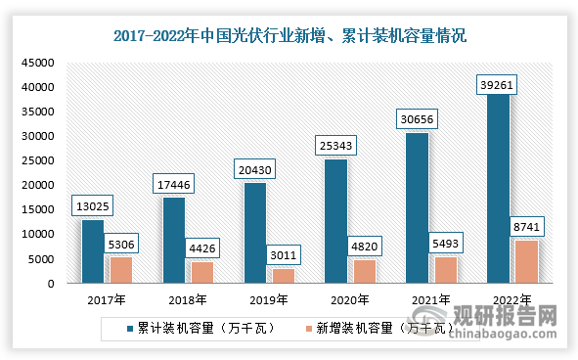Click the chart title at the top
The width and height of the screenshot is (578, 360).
pos(289,37)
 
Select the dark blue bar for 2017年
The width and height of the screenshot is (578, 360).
pos(92,251)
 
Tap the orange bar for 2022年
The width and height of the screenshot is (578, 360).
pos(526,261)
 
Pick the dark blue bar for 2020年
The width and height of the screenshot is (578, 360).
pos(335,221)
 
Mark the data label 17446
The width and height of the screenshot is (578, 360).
pos(173,181)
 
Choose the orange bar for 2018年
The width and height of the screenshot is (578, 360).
pos(200,272)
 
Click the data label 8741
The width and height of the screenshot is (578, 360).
pos(525,226)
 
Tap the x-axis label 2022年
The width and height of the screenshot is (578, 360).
pos(511,299)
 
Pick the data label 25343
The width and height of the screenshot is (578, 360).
pos(337,146)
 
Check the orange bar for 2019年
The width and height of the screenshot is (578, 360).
pos(282,276)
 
